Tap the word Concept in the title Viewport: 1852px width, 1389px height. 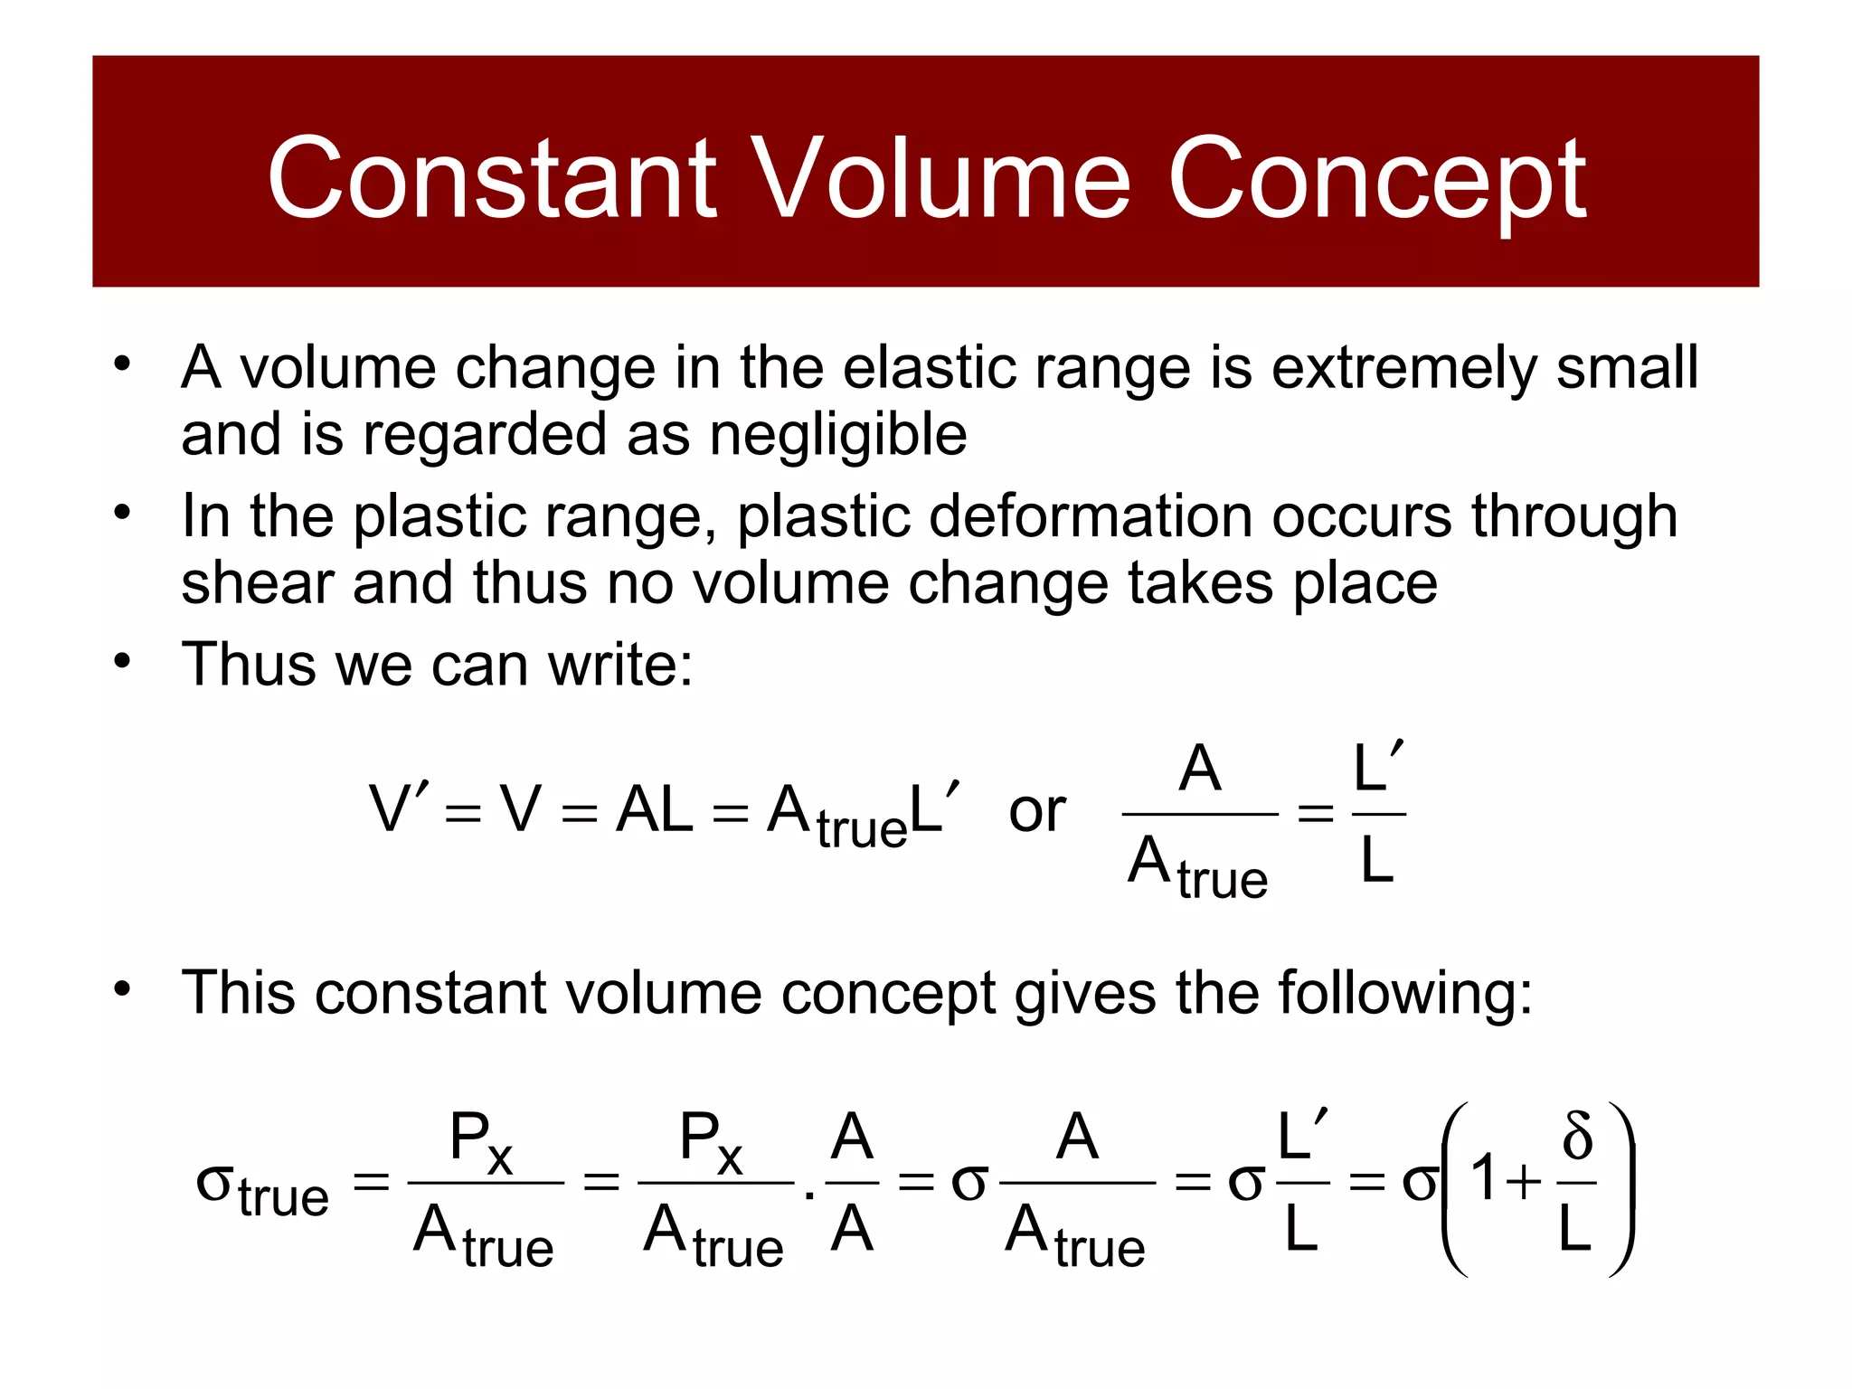[1376, 179]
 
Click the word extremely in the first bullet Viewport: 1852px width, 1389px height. [1403, 368]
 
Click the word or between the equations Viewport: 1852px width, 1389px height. [1036, 810]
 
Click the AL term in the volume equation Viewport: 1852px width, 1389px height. [655, 809]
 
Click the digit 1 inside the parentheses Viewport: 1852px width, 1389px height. [1484, 1179]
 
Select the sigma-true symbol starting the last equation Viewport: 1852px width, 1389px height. [262, 1186]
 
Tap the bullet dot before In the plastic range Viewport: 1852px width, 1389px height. [122, 513]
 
